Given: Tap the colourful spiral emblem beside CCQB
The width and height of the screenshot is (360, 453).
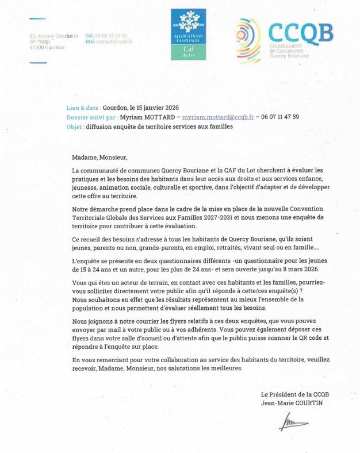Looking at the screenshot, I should (x=248, y=41).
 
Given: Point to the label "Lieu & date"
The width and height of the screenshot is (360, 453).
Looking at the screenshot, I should (x=83, y=108).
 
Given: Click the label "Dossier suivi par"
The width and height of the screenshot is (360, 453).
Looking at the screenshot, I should (x=91, y=117).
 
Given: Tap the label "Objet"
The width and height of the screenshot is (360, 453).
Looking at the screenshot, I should (x=75, y=126).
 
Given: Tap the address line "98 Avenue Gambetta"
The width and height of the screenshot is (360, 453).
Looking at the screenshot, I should (x=53, y=36).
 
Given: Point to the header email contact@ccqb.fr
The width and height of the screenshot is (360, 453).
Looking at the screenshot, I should (x=110, y=42).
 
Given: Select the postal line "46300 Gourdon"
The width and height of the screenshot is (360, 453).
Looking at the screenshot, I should (x=47, y=48).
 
